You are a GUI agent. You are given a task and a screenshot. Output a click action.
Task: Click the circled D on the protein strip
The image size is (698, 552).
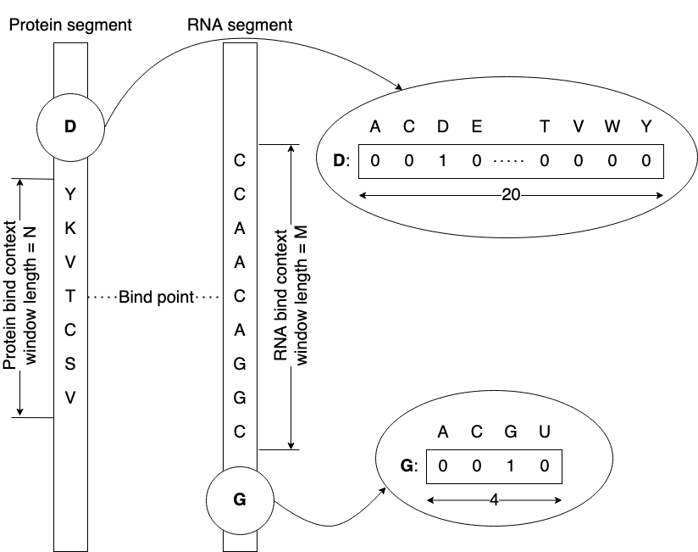click(x=70, y=127)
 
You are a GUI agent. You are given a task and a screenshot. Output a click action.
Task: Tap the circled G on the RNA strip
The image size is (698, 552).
click(x=240, y=500)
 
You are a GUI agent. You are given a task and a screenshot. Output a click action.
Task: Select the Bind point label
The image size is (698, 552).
click(x=157, y=298)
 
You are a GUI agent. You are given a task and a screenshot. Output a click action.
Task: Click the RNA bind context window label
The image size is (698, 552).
click(x=291, y=296)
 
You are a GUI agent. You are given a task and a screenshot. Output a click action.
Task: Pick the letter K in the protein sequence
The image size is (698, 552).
click(x=70, y=228)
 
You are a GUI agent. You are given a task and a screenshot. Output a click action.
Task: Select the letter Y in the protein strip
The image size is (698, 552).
click(x=70, y=194)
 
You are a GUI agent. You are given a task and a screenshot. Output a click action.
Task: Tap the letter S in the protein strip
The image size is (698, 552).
click(x=70, y=364)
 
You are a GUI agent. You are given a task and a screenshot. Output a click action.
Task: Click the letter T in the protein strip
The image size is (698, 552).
click(x=70, y=296)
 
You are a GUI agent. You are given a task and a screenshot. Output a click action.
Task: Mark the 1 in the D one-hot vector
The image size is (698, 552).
click(x=442, y=161)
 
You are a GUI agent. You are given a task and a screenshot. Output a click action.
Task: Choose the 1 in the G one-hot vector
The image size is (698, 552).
click(x=510, y=466)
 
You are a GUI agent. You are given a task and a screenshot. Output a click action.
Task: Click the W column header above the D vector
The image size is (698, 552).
click(x=612, y=127)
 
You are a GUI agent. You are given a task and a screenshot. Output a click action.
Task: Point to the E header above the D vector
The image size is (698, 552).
click(x=476, y=127)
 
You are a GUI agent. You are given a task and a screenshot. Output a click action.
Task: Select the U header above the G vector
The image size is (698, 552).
click(x=544, y=432)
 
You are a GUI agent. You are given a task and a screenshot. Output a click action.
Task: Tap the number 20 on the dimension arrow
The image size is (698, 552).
click(x=510, y=195)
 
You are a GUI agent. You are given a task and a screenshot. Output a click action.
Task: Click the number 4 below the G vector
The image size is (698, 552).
click(x=493, y=500)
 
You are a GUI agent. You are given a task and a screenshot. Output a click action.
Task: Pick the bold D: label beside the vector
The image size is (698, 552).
click(x=341, y=161)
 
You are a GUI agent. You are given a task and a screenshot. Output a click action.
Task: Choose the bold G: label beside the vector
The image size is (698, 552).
click(x=409, y=466)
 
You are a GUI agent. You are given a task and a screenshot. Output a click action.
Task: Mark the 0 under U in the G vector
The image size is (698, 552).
click(x=544, y=466)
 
